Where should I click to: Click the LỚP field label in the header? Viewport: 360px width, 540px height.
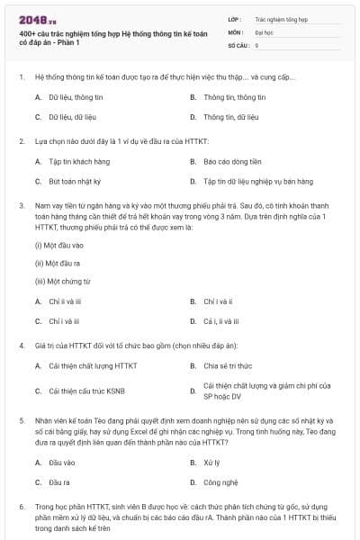[234, 18]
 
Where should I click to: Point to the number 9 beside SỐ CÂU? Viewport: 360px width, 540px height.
[256, 44]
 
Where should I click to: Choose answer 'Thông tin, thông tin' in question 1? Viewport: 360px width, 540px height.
[234, 96]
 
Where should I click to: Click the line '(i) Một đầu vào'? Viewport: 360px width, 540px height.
[58, 245]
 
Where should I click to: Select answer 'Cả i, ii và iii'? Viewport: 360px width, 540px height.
[221, 320]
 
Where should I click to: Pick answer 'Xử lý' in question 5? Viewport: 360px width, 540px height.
[211, 462]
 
